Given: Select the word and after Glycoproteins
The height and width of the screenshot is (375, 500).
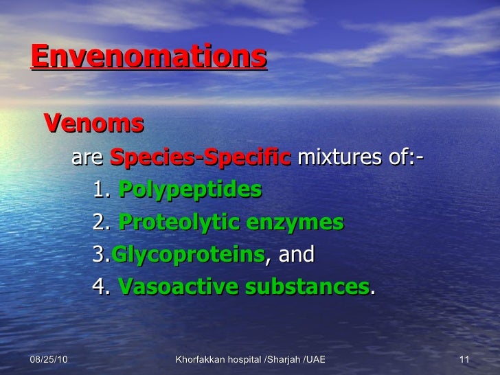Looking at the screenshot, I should (x=295, y=255).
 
